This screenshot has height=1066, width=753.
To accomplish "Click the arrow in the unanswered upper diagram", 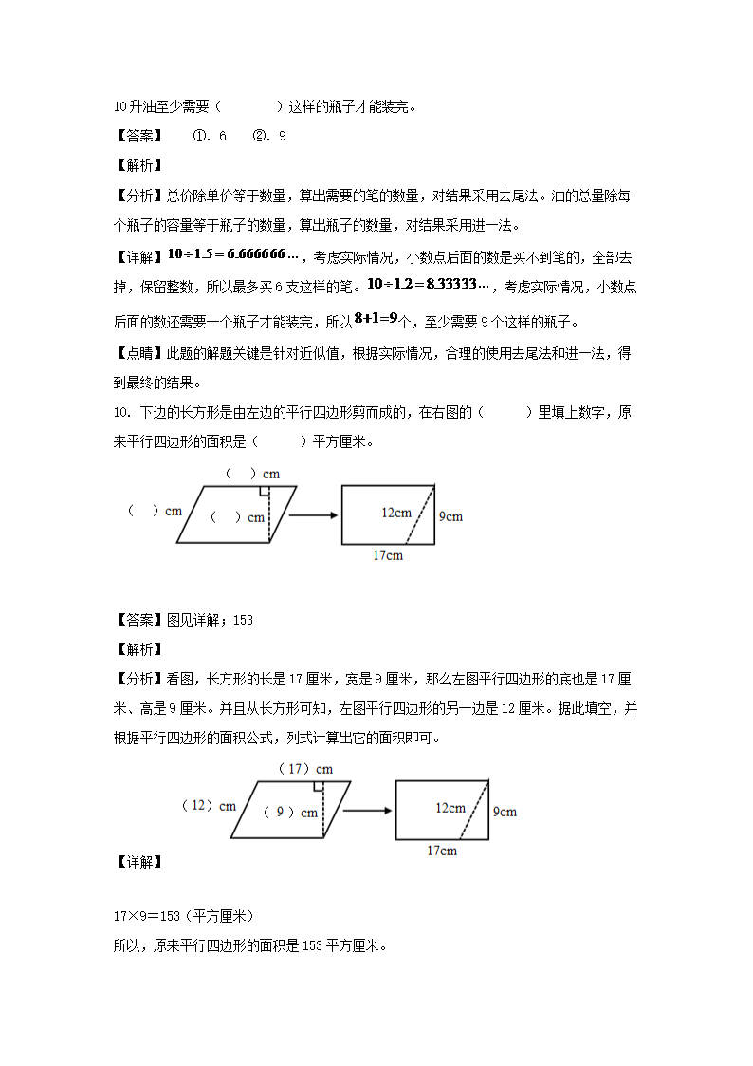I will point(314,515).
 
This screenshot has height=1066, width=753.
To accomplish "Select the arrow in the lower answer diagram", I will point(368,810).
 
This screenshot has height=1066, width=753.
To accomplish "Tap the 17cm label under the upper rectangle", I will point(387,555).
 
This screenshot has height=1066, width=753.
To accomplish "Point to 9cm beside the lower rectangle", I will point(505,812).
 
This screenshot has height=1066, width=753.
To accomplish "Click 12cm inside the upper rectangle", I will point(396,513).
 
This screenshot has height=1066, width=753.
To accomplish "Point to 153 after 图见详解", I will point(243,620).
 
